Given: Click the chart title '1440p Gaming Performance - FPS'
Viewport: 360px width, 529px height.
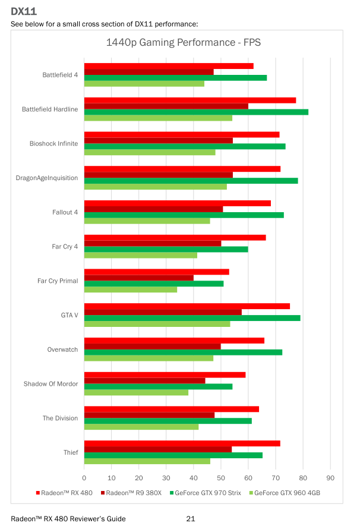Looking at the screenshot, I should point(183,43).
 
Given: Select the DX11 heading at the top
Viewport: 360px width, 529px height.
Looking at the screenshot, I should point(22,10).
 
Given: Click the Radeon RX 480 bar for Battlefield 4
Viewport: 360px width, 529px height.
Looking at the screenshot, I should point(169,66).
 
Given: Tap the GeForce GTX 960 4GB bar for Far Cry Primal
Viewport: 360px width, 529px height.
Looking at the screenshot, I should point(131,289).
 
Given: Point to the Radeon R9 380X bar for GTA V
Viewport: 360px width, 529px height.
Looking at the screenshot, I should point(163,312).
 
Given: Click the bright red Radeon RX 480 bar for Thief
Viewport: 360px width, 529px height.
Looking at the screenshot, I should point(182,443).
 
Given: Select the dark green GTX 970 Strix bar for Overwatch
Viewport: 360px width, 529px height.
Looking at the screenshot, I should point(183,352).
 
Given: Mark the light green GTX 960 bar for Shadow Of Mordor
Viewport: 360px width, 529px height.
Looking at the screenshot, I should point(136,392).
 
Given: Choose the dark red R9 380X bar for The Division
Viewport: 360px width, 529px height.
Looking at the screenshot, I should point(149,415).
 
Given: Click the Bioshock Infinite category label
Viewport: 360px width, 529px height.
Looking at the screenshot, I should point(53,144).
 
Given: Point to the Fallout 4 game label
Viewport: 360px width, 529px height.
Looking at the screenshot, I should point(65,212).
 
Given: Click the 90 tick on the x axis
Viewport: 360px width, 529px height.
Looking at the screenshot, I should point(330,477).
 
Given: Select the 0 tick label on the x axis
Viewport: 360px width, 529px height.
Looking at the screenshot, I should point(84,477).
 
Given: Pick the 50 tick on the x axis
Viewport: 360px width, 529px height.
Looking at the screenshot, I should point(221,477).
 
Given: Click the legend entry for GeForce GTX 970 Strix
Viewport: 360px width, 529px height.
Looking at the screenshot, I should point(207,492).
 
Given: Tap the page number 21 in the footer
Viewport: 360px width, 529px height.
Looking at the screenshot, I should point(190,519).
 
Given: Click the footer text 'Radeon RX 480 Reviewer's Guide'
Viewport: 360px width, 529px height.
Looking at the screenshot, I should point(68,519).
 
